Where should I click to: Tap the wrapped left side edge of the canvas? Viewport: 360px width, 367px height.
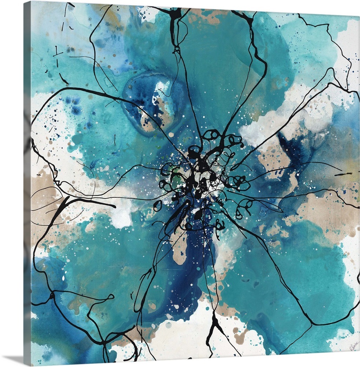pyautogui.click(x=27, y=183)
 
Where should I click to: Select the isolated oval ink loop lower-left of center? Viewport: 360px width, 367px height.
pyautogui.click(x=158, y=206)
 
